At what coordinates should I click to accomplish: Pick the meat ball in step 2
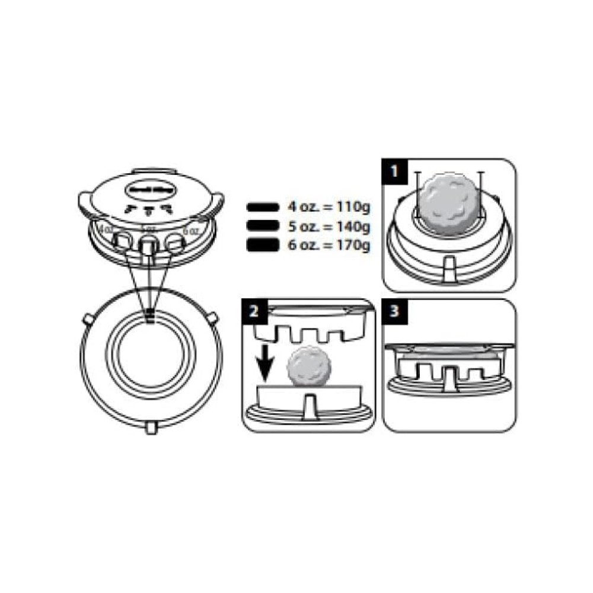coord(308,368)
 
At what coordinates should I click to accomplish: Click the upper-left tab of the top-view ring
coord(87,319)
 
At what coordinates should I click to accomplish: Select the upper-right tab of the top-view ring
coord(213,319)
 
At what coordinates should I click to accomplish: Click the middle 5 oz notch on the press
coord(148,243)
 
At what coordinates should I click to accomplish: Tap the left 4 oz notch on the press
coord(123,240)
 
